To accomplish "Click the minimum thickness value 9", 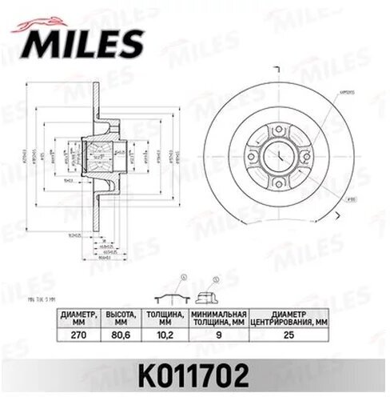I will pyautogui.click(x=219, y=338).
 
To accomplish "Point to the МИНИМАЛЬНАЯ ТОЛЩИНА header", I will pyautogui.click(x=219, y=319).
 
